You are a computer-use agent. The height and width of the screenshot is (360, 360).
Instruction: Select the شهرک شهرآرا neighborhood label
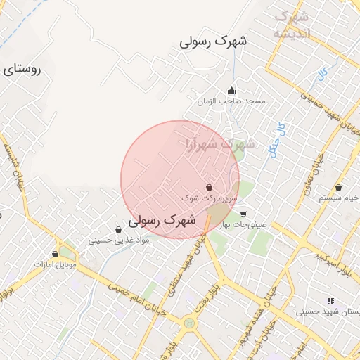219,143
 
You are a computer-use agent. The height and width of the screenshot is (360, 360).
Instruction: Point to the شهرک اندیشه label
292,25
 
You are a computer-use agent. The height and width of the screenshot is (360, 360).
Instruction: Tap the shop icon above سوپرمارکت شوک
210,188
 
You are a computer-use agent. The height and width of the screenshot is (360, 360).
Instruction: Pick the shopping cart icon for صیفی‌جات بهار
243,214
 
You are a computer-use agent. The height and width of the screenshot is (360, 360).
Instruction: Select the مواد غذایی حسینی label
119,240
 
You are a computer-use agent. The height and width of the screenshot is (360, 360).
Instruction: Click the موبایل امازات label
56,264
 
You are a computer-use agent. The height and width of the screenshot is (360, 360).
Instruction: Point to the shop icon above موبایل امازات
55,253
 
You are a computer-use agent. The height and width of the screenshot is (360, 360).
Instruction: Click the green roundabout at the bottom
188,323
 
